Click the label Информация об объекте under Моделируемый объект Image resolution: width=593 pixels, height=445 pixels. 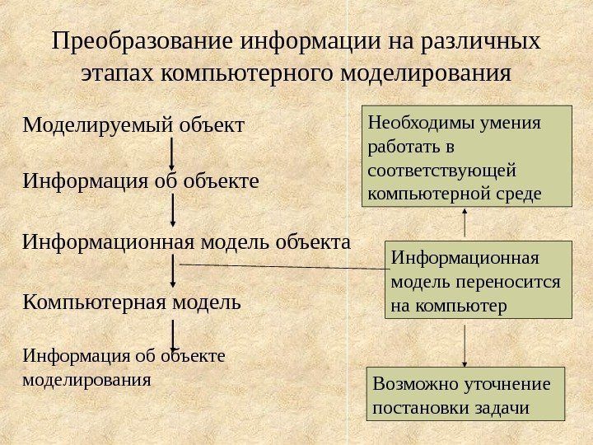coord(141,180)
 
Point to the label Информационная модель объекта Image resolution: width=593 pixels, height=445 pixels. coord(186,242)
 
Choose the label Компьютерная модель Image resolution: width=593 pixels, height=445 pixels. coord(133,302)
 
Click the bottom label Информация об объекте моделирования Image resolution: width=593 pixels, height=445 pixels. coord(124,368)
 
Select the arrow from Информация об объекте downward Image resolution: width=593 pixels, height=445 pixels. coord(172,210)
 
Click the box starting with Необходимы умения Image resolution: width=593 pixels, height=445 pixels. coord(465,155)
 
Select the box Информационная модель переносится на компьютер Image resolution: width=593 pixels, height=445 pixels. coord(478,280)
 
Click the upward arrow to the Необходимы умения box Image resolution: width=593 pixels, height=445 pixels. coord(465,223)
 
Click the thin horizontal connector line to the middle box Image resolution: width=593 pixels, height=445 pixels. coord(280,266)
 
